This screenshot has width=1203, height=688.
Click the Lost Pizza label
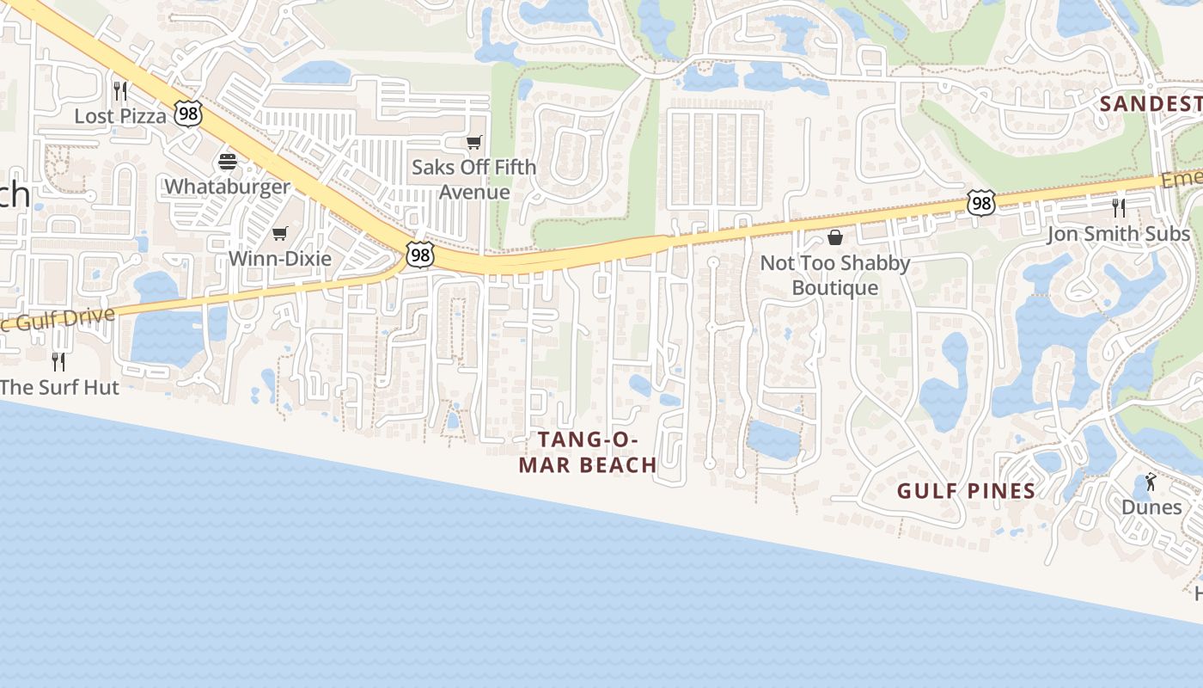[120, 116]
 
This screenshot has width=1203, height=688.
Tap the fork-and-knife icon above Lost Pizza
[120, 90]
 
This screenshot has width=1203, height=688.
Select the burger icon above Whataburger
[228, 161]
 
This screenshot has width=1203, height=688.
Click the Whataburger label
[228, 187]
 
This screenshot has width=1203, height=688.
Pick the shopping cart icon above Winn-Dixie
[280, 233]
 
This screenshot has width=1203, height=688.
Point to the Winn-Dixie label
[280, 258]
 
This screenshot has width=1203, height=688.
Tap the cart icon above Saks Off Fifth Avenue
[473, 142]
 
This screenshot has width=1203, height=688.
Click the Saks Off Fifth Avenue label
[473, 179]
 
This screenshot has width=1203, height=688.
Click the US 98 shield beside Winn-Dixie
[420, 255]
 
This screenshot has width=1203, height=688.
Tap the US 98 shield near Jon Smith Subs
[980, 203]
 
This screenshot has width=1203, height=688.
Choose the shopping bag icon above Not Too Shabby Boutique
[834, 237]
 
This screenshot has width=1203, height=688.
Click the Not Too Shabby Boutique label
[834, 275]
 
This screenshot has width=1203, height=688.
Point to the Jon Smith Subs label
[1118, 234]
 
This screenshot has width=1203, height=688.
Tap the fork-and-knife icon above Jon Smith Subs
[1118, 208]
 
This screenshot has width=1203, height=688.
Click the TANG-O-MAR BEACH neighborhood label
[598, 452]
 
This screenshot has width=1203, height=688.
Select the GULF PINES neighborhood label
[966, 491]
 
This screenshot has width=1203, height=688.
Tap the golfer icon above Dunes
[1151, 482]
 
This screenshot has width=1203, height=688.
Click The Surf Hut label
[59, 387]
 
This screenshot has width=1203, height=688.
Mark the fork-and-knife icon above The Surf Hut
[58, 361]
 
